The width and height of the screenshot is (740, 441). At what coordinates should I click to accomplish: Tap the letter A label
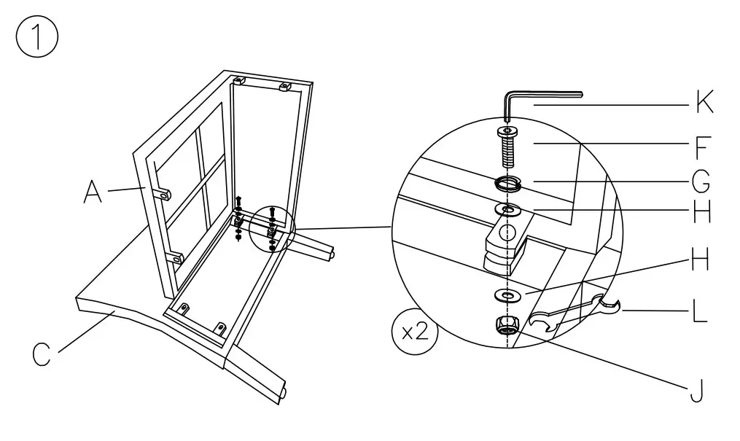pos(92,192)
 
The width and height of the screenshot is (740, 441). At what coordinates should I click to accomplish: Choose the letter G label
pos(702,180)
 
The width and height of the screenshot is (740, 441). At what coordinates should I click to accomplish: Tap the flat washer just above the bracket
pos(507,211)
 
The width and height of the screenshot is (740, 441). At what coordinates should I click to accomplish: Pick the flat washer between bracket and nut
pos(507,295)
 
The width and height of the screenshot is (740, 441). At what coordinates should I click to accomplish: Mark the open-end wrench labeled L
pos(576,312)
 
